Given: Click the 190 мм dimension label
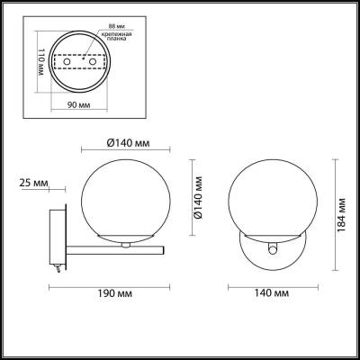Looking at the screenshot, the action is (x=115, y=293).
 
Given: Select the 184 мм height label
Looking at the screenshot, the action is (x=341, y=214).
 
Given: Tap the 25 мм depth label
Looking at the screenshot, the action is (x=33, y=183).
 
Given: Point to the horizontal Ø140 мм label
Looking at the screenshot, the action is (x=128, y=143).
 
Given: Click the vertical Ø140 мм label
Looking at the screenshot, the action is (x=198, y=197).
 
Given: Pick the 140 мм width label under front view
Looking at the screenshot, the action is (x=272, y=293).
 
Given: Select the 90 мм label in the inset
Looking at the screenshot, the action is (x=79, y=104).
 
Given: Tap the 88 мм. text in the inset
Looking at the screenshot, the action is (x=116, y=26).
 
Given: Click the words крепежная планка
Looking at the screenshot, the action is (x=116, y=36).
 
